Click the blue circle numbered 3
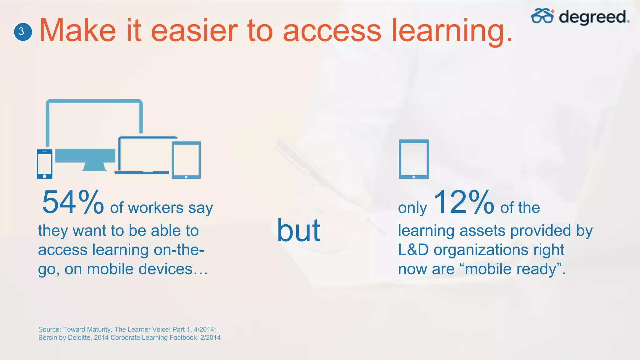click(23, 32)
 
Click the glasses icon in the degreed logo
click(542, 16)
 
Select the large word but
click(298, 231)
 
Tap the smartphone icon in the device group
click(44, 164)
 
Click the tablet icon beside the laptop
click(186, 160)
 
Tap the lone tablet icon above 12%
click(414, 159)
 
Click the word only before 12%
click(412, 208)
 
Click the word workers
click(155, 208)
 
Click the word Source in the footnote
click(49, 329)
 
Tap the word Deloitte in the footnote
click(80, 338)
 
